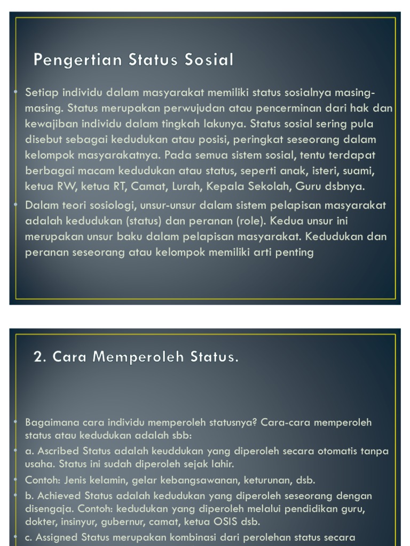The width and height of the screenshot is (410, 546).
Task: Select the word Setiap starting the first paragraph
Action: point(41,93)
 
